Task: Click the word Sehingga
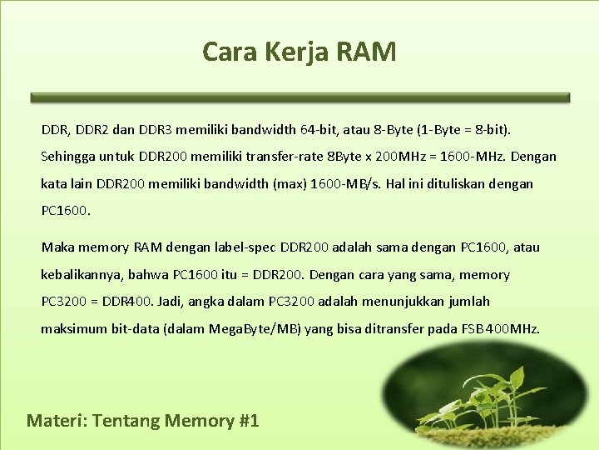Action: coord(68,157)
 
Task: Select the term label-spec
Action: coord(245,247)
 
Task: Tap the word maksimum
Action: coord(73,328)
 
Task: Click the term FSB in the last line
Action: coord(473,328)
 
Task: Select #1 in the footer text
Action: coord(248,420)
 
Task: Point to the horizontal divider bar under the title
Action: coord(299,97)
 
